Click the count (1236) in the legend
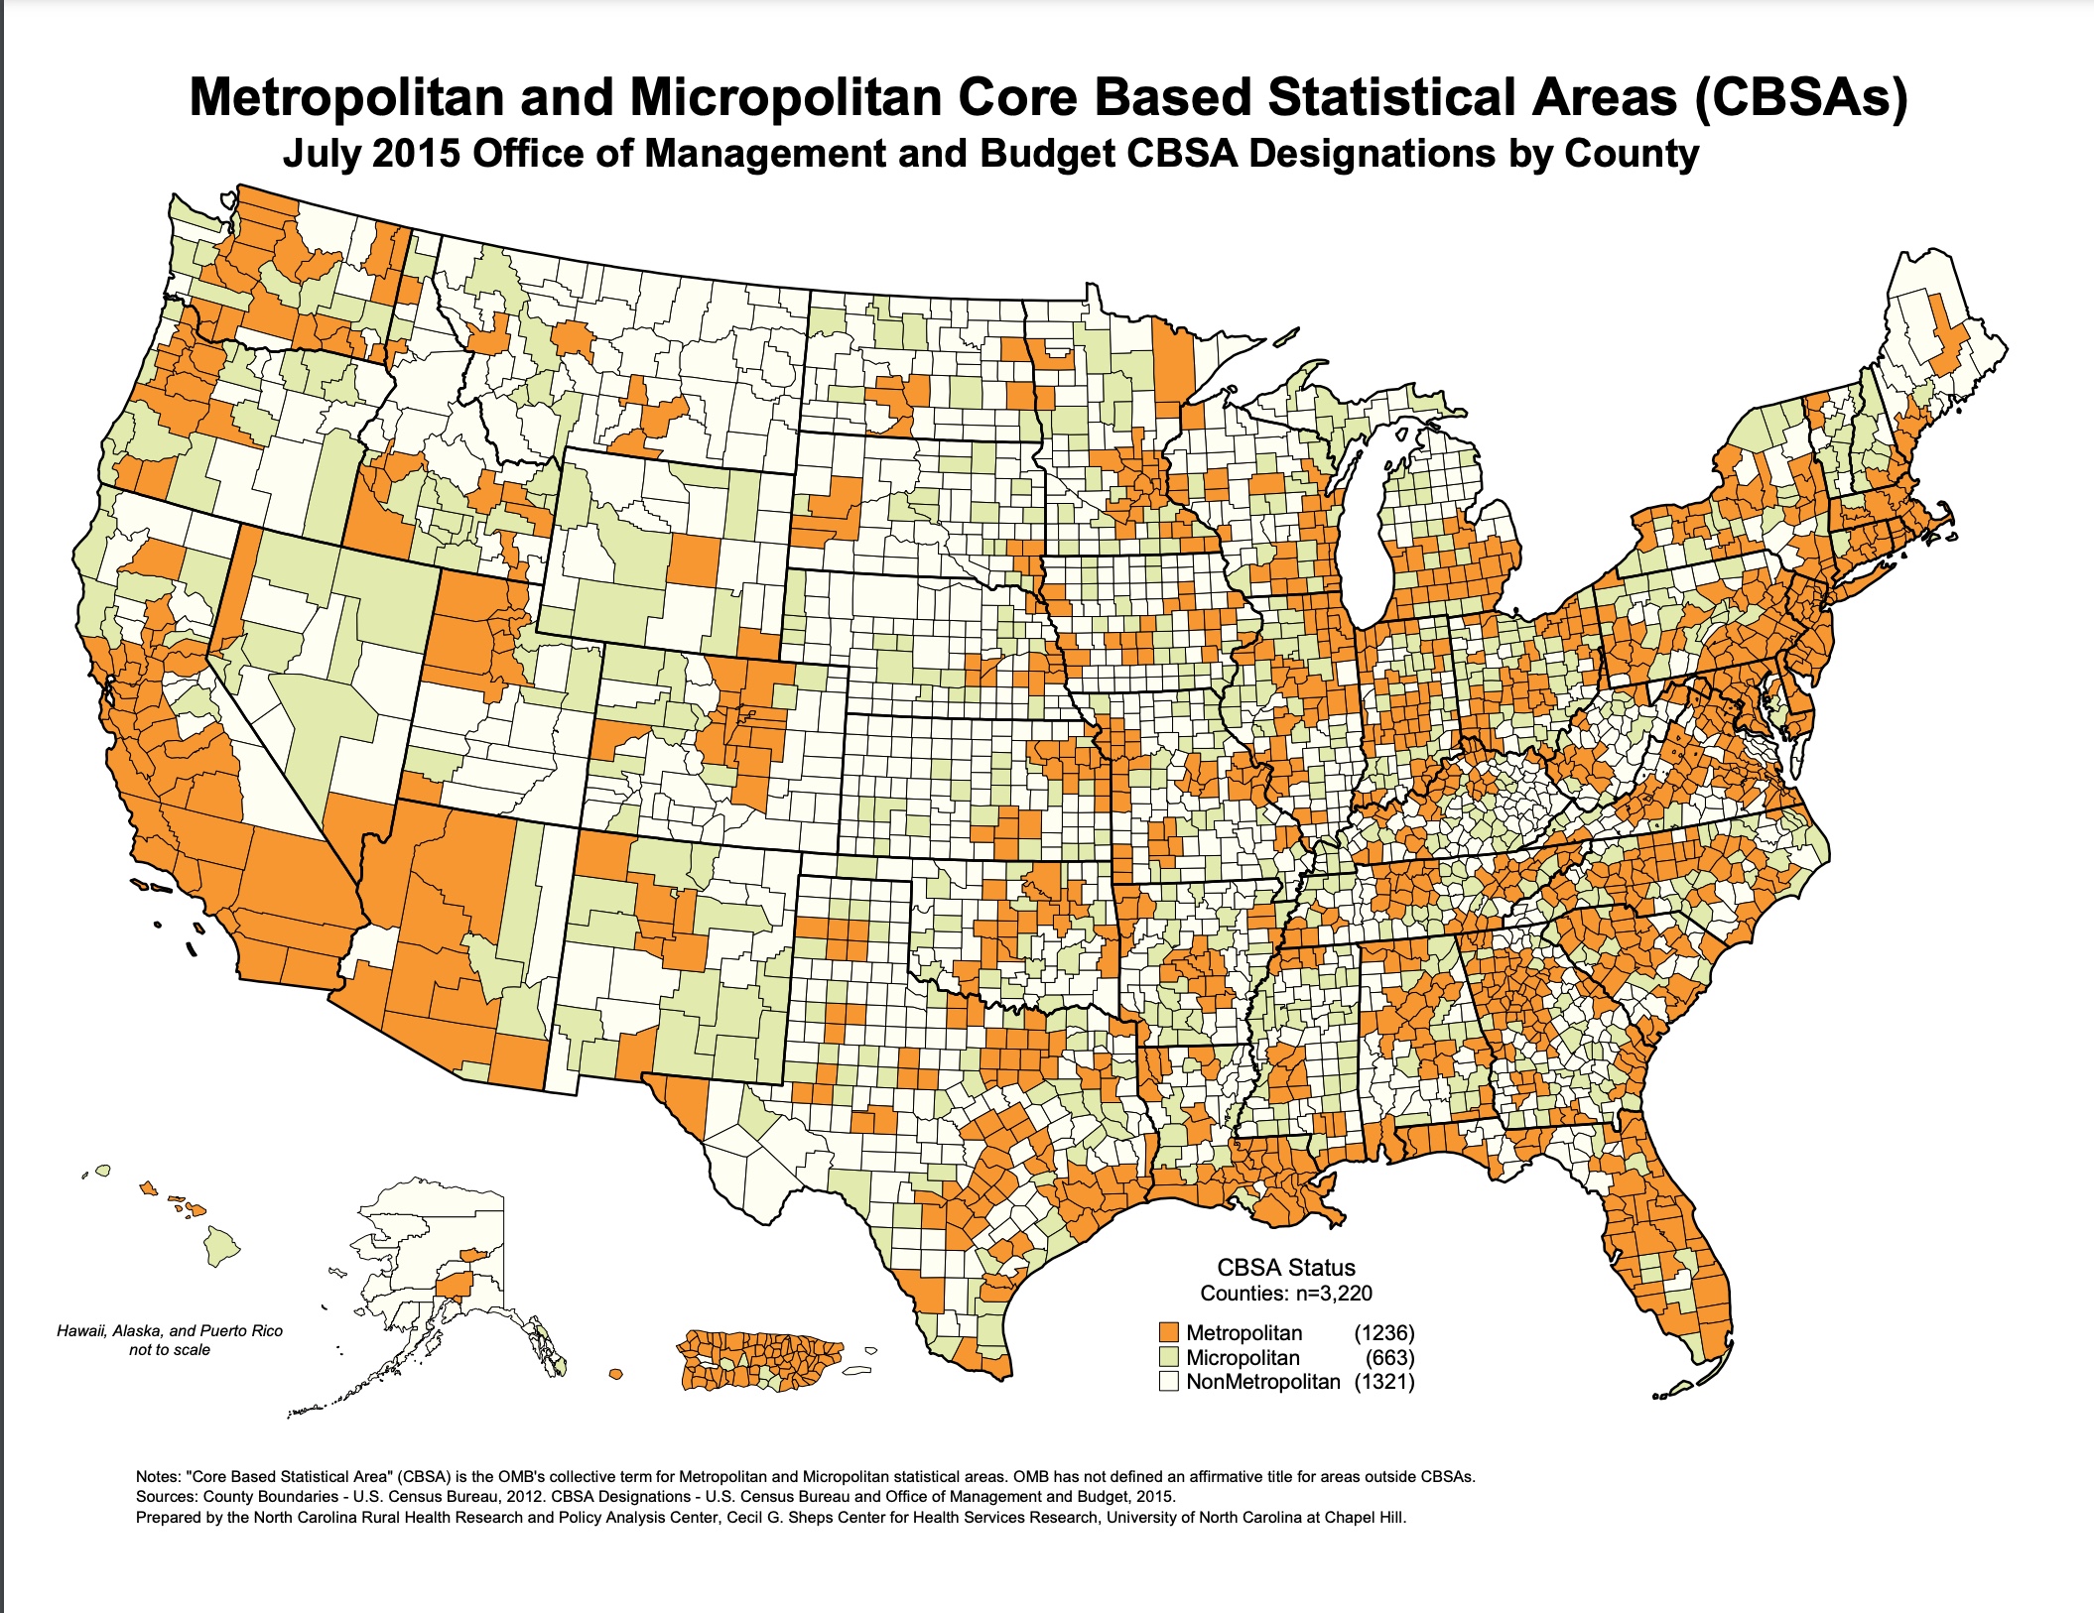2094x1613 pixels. click(x=1384, y=1332)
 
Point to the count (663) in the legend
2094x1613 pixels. click(x=1389, y=1357)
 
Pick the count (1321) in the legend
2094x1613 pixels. click(x=1384, y=1381)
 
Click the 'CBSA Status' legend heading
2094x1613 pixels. click(x=1285, y=1267)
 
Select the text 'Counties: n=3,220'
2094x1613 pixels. click(x=1285, y=1293)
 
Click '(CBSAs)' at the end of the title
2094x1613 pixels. click(x=1800, y=98)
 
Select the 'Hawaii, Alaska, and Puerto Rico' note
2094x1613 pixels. click(x=170, y=1331)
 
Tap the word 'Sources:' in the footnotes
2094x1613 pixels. click(x=166, y=1496)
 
